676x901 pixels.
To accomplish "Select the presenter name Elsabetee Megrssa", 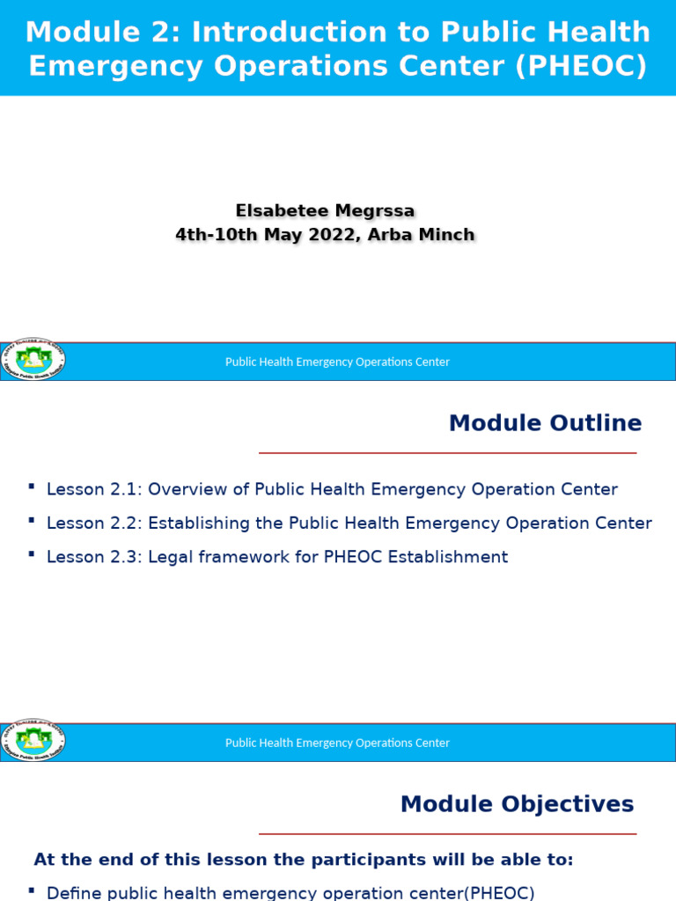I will point(325,210).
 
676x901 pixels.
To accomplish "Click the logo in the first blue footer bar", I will point(33,361).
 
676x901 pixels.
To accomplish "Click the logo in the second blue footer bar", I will point(33,742).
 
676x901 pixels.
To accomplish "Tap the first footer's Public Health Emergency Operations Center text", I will point(337,362).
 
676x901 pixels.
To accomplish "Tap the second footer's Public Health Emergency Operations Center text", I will point(337,743).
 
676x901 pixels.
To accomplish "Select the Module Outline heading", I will point(545,423).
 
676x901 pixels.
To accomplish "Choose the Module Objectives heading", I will point(517,804).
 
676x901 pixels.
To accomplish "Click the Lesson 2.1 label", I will point(94,489).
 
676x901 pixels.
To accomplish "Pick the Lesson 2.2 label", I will point(94,524).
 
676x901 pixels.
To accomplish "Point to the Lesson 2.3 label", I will point(94,557).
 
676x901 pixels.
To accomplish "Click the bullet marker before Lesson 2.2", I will point(32,521).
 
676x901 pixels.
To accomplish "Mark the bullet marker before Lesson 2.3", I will point(32,554).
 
